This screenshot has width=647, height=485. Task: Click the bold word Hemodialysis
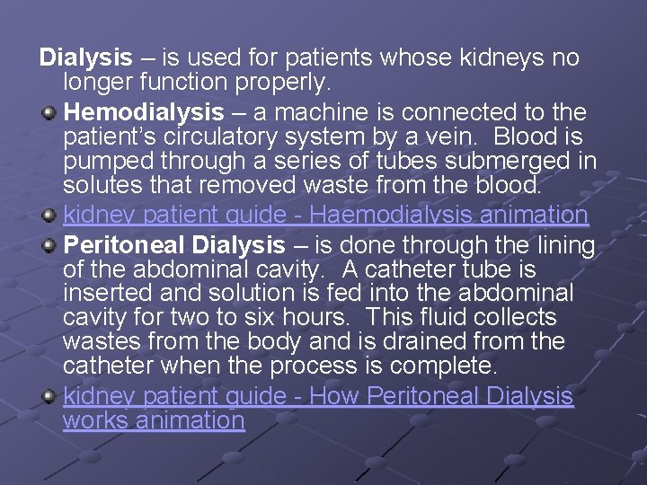point(144,113)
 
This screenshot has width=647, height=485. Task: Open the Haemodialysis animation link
point(325,216)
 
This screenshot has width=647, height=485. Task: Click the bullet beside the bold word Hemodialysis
point(50,112)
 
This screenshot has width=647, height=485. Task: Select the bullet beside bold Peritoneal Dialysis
point(50,245)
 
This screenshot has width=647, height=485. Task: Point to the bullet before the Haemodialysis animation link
point(50,216)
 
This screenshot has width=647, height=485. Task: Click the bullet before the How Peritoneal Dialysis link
point(50,396)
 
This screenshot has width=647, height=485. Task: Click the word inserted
point(107,294)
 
